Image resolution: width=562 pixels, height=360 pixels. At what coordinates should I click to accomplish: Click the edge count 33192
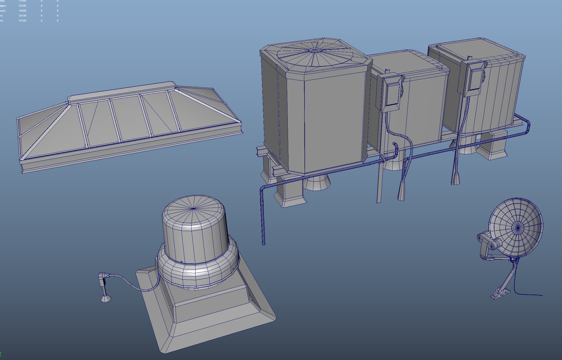(x=23, y=6)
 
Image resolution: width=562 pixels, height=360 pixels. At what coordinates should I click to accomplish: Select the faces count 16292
(x=23, y=11)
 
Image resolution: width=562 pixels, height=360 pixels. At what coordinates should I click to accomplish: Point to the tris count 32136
(x=23, y=16)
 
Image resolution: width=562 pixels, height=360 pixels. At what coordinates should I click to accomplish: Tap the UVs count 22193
(x=23, y=21)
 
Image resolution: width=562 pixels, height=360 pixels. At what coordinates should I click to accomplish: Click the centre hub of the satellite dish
(x=518, y=228)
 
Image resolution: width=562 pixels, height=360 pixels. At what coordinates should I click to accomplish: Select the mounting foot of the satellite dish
(x=500, y=293)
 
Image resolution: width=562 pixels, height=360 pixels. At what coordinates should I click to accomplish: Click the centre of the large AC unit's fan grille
(x=315, y=50)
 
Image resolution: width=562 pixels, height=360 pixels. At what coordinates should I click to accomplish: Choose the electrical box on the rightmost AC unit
(x=474, y=78)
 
